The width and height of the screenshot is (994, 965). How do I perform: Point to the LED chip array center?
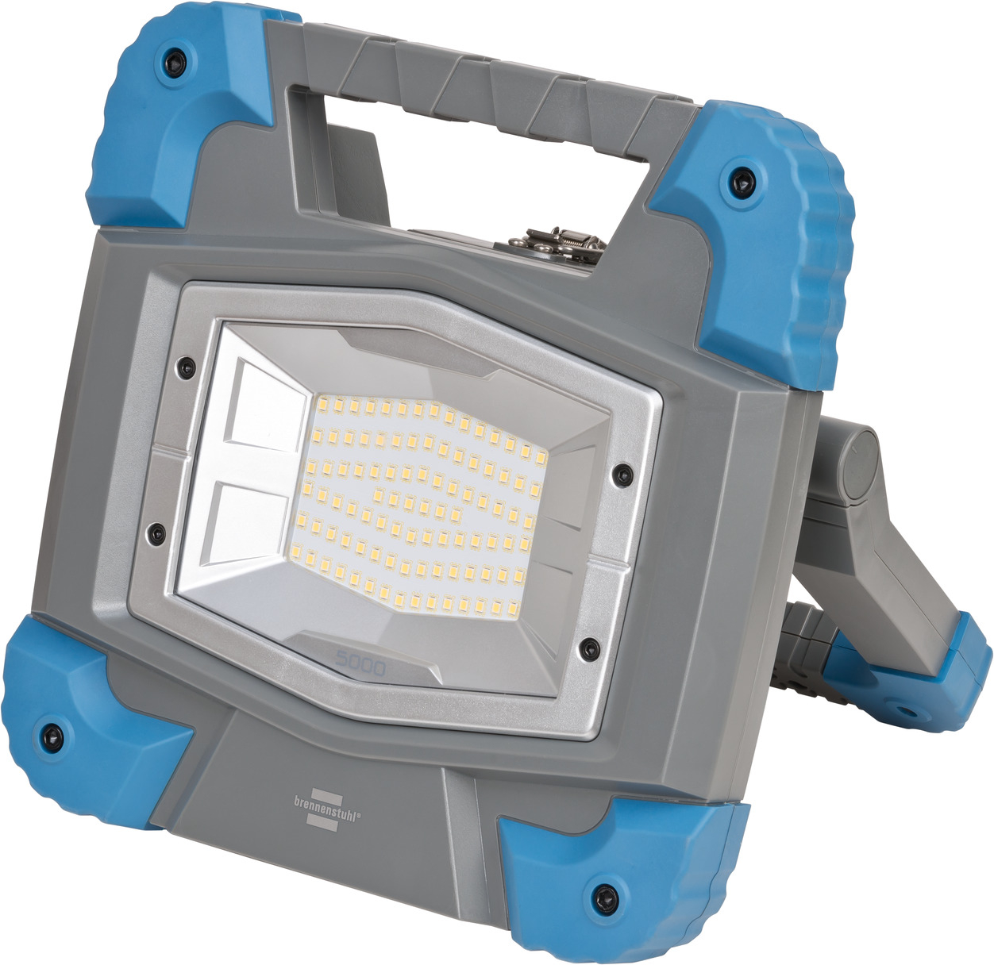421,508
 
